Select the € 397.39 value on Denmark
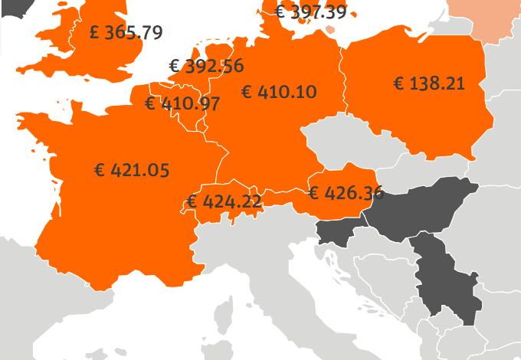click(x=310, y=11)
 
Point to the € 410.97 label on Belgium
click(x=182, y=103)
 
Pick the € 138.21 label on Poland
click(x=429, y=83)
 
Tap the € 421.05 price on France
click(x=131, y=170)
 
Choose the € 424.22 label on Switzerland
click(x=223, y=202)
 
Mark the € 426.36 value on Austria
click(x=345, y=192)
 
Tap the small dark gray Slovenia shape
click(x=336, y=232)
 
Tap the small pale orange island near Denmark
click(x=329, y=30)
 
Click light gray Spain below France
click(x=46, y=306)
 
